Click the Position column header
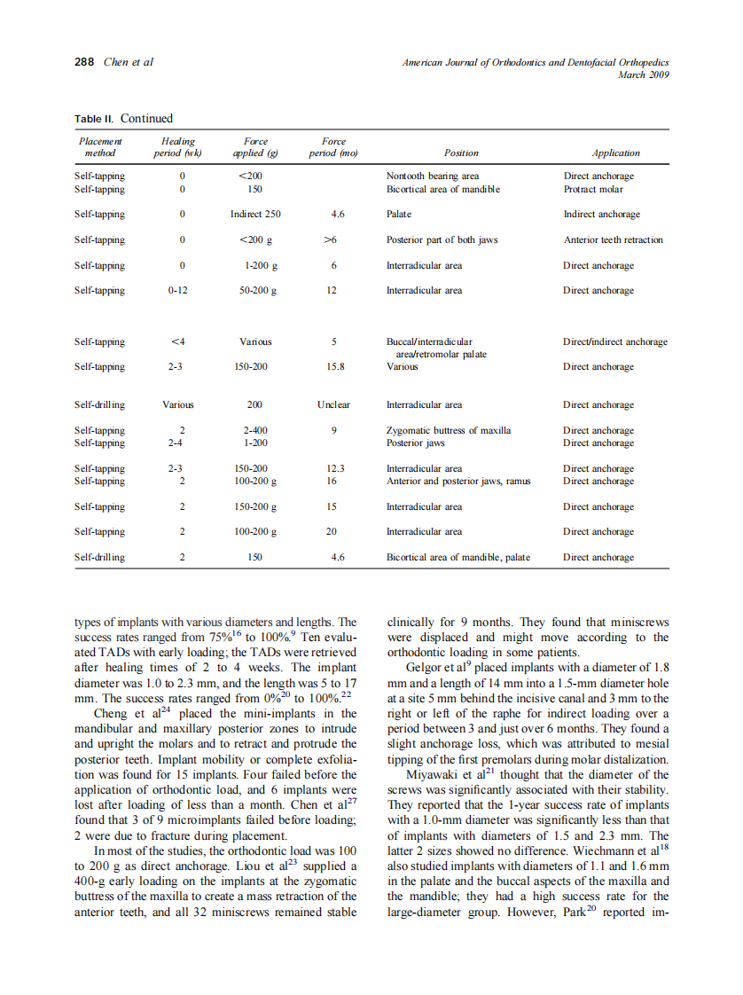461,153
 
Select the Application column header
615,153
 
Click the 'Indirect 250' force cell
254,215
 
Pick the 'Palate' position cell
399,215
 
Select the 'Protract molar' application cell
593,189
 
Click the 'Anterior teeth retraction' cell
613,240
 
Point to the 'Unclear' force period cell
333,405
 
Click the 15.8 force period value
334,367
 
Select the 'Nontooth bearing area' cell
432,176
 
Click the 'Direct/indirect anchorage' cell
615,342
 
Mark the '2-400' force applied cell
254,431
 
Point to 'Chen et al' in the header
129,62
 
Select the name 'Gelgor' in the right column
423,667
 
